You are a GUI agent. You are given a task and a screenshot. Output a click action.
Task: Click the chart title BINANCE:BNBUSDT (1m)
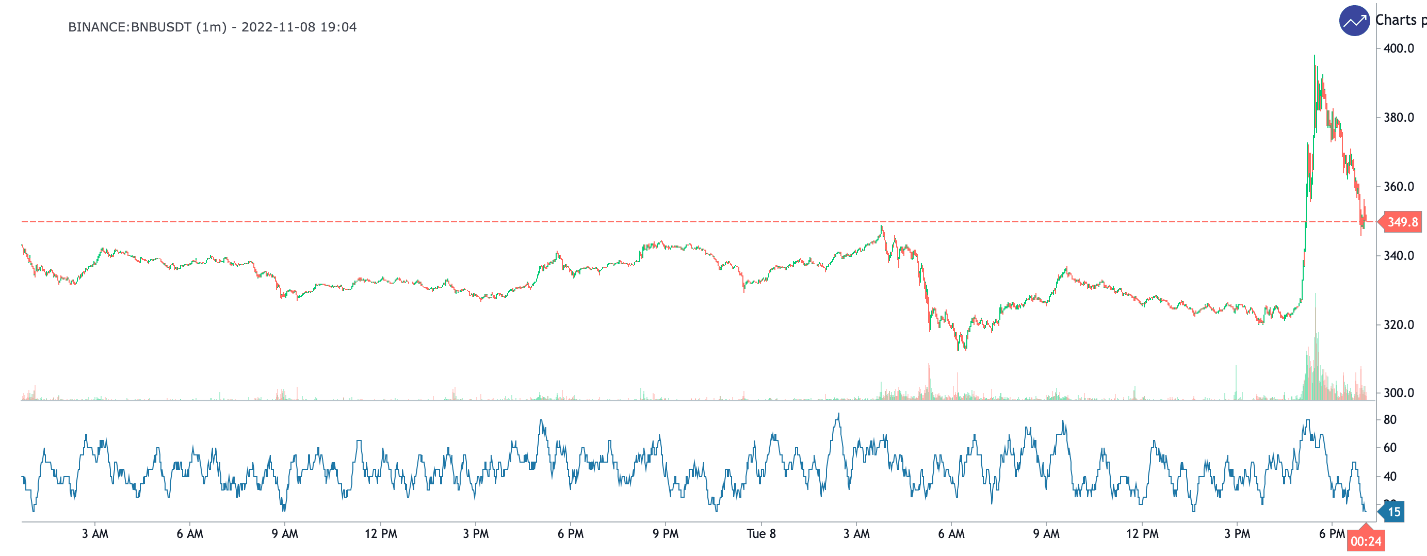click(x=148, y=27)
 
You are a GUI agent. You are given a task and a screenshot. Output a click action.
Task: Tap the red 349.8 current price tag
click(x=1402, y=222)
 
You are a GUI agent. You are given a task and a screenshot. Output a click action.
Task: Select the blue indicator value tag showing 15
click(x=1393, y=512)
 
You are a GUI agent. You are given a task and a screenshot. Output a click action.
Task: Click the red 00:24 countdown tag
click(x=1366, y=541)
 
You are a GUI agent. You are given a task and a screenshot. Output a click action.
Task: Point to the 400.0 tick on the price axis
click(x=1398, y=48)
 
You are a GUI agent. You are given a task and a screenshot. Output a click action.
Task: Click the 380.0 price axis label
click(x=1398, y=118)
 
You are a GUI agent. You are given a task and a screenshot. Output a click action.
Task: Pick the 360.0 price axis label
click(x=1398, y=187)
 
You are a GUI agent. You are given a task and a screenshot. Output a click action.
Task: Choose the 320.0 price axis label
click(x=1398, y=324)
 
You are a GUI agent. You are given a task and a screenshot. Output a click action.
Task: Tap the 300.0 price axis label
click(x=1398, y=393)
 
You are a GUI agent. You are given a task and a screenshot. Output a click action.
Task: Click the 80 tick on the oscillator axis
click(x=1389, y=420)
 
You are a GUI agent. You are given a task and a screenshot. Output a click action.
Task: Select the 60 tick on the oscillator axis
click(x=1389, y=448)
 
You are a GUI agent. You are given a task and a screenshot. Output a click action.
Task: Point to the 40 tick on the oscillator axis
click(x=1389, y=476)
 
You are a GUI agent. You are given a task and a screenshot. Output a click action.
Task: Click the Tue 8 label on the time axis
click(x=761, y=534)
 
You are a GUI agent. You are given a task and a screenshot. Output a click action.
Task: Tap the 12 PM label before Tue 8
click(x=381, y=534)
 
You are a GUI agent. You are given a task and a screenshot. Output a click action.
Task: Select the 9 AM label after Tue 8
click(x=1046, y=534)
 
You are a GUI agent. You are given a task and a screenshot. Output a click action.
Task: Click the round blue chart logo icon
click(x=1354, y=21)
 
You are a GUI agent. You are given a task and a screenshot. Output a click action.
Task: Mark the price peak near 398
click(x=1315, y=56)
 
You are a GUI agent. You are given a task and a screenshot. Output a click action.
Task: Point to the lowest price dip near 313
click(x=959, y=349)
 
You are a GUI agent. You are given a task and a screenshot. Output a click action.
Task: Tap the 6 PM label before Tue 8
click(x=570, y=534)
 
